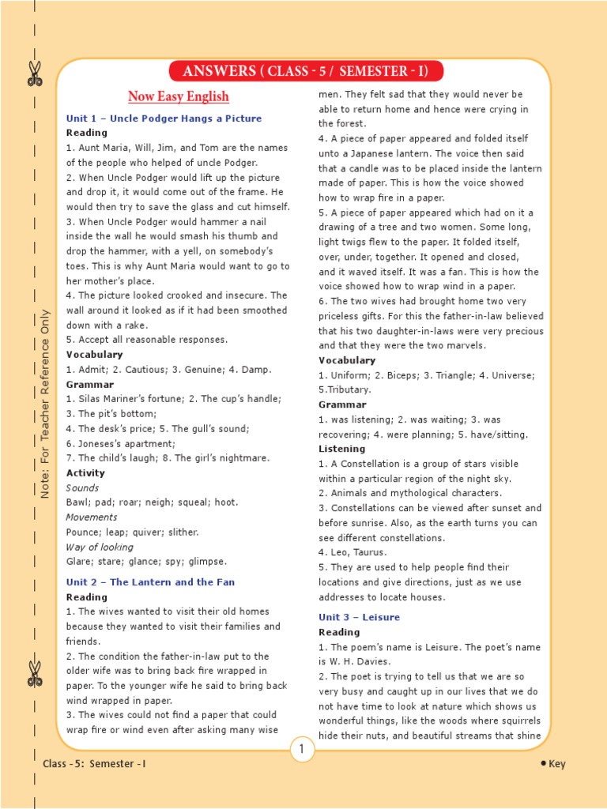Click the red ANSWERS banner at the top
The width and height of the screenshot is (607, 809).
[305, 72]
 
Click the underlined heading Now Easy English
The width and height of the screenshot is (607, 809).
[179, 96]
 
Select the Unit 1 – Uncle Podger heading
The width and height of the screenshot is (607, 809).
[164, 119]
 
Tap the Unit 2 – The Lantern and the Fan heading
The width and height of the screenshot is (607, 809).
[150, 582]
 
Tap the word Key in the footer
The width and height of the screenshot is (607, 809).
[557, 764]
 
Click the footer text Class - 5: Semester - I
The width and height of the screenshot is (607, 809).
[95, 764]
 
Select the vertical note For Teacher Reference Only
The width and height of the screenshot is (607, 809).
[45, 403]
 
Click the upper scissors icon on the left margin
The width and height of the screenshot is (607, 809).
[35, 73]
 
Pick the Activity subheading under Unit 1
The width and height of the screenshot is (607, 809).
[85, 472]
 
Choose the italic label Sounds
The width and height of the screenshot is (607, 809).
[82, 487]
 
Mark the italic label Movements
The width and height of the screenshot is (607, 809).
[92, 517]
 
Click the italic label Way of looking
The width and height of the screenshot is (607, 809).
[100, 547]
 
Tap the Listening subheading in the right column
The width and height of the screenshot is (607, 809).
[341, 449]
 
